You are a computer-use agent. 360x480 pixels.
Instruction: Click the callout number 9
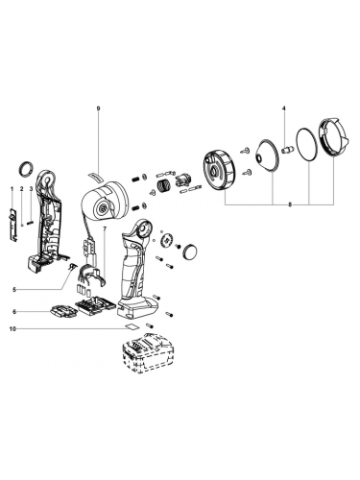(98, 108)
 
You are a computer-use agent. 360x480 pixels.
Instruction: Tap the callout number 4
(284, 108)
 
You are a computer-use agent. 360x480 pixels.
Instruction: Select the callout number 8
(290, 204)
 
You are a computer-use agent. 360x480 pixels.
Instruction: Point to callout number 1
(12, 189)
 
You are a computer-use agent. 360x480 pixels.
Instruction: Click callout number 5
(14, 290)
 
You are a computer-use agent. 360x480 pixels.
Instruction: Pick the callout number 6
(14, 311)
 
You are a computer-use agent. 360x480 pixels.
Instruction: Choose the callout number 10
(13, 328)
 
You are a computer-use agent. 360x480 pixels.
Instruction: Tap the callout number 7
(105, 229)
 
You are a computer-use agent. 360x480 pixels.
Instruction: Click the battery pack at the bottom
(148, 352)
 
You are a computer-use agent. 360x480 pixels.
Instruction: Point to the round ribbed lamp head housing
(220, 172)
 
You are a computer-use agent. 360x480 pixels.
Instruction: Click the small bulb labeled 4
(286, 150)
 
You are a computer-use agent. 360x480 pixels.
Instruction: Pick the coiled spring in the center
(163, 185)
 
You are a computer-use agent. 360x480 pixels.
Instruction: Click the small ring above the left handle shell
(26, 168)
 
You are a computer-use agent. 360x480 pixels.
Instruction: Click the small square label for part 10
(132, 326)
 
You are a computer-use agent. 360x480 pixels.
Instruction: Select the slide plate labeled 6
(63, 311)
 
